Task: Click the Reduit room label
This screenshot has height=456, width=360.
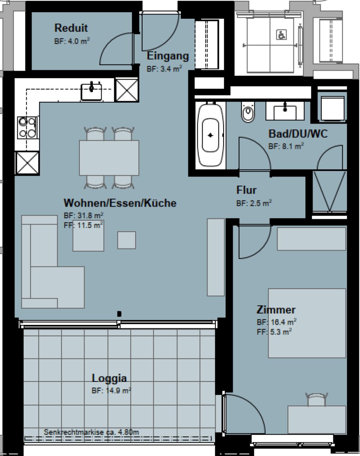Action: pyautogui.click(x=71, y=28)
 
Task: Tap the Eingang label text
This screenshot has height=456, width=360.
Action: pyautogui.click(x=168, y=56)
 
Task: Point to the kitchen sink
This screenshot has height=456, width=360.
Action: pyautogui.click(x=91, y=91)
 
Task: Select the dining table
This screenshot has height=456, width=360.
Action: pyautogui.click(x=109, y=157)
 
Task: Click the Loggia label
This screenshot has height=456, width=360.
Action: pyautogui.click(x=109, y=378)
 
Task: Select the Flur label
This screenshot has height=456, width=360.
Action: pyautogui.click(x=246, y=190)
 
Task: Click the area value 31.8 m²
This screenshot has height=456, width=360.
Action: pyautogui.click(x=84, y=216)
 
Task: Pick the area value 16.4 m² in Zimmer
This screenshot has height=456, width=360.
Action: pyautogui.click(x=276, y=322)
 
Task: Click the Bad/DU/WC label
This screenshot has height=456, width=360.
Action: pyautogui.click(x=298, y=134)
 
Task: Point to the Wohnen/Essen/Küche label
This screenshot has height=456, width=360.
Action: pyautogui.click(x=120, y=203)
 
